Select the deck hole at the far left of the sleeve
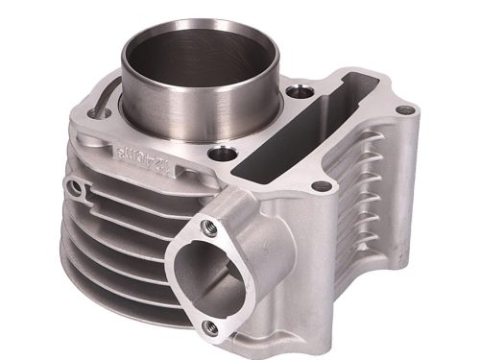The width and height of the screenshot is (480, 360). click(x=92, y=113)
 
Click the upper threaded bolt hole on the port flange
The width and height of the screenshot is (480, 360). click(x=207, y=228)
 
